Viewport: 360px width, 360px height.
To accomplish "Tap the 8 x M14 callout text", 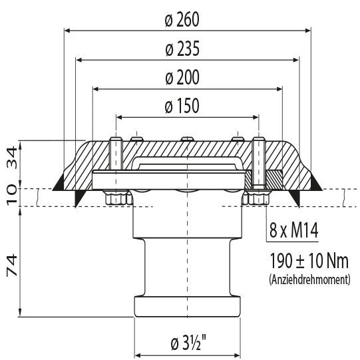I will [293, 232].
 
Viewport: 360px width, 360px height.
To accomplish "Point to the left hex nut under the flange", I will [116, 198].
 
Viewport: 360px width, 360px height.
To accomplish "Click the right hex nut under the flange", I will [257, 198].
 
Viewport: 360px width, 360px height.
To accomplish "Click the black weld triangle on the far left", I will [59, 181].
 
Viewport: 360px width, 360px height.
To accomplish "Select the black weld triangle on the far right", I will [315, 181].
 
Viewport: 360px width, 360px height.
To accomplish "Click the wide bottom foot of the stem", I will [187, 308].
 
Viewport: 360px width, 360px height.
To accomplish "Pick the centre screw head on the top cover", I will [187, 139].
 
